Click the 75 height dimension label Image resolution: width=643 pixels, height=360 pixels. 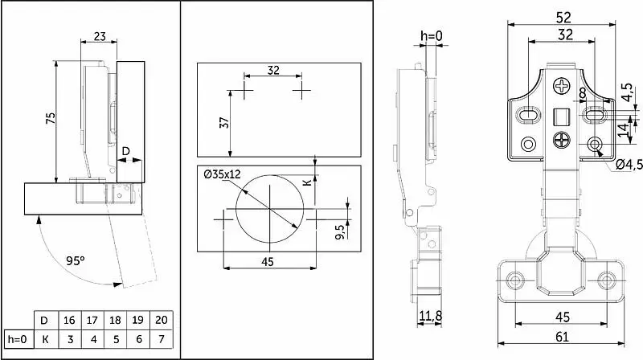pyautogui.click(x=50, y=118)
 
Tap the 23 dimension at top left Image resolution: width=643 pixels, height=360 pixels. pyautogui.click(x=100, y=36)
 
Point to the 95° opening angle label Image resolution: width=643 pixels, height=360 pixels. pyautogui.click(x=75, y=261)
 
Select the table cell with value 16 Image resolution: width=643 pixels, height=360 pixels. pyautogui.click(x=69, y=320)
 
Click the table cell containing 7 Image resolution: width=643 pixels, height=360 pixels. pyautogui.click(x=162, y=339)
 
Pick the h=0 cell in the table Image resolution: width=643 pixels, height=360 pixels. pyautogui.click(x=18, y=339)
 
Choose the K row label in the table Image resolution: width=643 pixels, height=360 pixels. pyautogui.click(x=46, y=339)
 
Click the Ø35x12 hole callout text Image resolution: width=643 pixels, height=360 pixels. pyautogui.click(x=223, y=174)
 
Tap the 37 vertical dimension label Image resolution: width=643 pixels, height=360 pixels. pyautogui.click(x=224, y=123)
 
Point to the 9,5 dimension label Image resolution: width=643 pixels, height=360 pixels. pyautogui.click(x=340, y=231)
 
